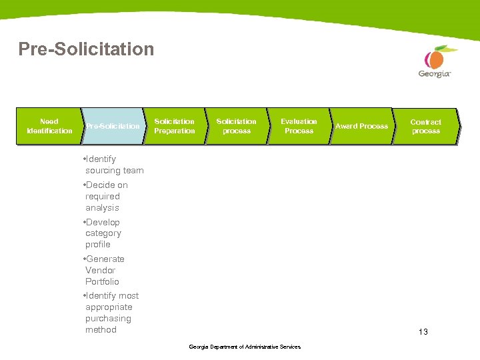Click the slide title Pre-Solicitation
(86, 49)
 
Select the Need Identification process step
(49, 126)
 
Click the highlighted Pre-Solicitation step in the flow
(113, 126)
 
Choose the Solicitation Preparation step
(174, 126)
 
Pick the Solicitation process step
(236, 126)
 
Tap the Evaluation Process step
(299, 126)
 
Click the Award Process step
(361, 126)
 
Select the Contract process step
(425, 127)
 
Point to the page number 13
(423, 331)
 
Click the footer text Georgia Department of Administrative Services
(245, 347)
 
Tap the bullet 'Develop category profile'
(103, 233)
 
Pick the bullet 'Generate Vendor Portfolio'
(104, 270)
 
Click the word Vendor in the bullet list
(100, 270)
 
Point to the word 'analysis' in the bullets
(102, 207)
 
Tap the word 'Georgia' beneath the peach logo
(434, 74)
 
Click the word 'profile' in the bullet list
(98, 245)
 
